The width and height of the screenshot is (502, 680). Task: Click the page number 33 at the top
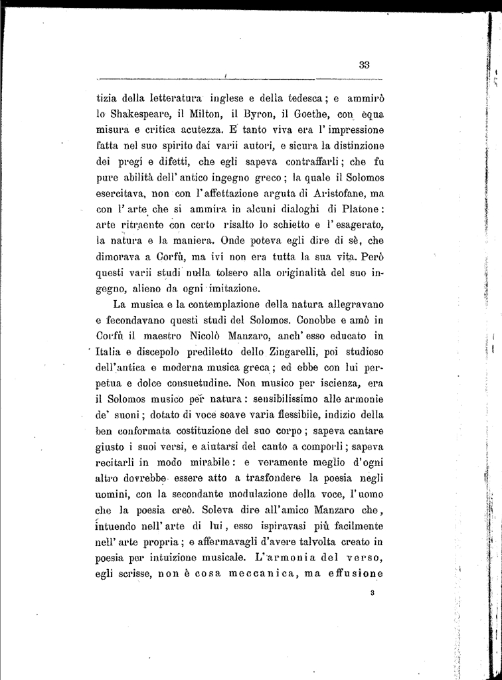click(364, 64)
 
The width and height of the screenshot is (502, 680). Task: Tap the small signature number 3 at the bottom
click(374, 594)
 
